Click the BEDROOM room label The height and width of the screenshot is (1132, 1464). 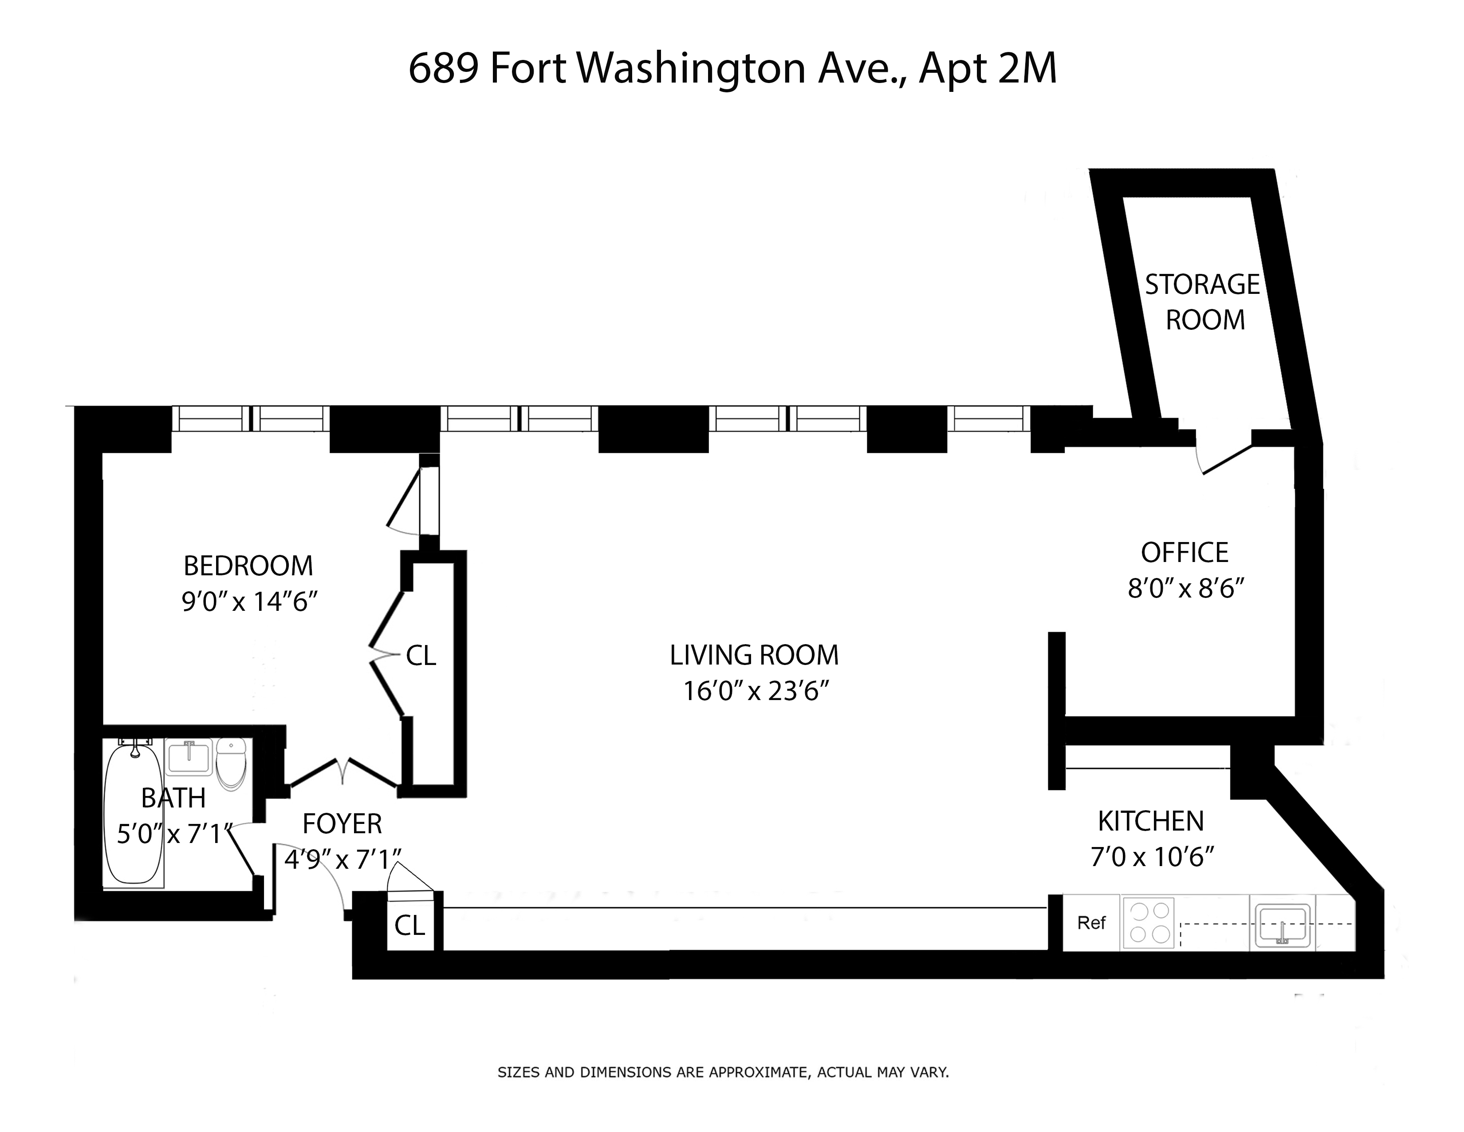coord(248,566)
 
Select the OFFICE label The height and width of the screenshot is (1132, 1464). coord(1185,553)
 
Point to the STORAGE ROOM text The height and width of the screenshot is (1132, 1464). coord(1203,302)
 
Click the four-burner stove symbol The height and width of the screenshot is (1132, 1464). coord(1149,923)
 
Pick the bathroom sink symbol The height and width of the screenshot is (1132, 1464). coord(189,756)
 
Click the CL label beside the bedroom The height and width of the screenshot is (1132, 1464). coord(421,656)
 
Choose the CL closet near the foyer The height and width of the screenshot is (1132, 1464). coord(409,926)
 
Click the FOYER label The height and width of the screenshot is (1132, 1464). coord(342,823)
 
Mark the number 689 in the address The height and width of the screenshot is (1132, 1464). coord(443,68)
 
